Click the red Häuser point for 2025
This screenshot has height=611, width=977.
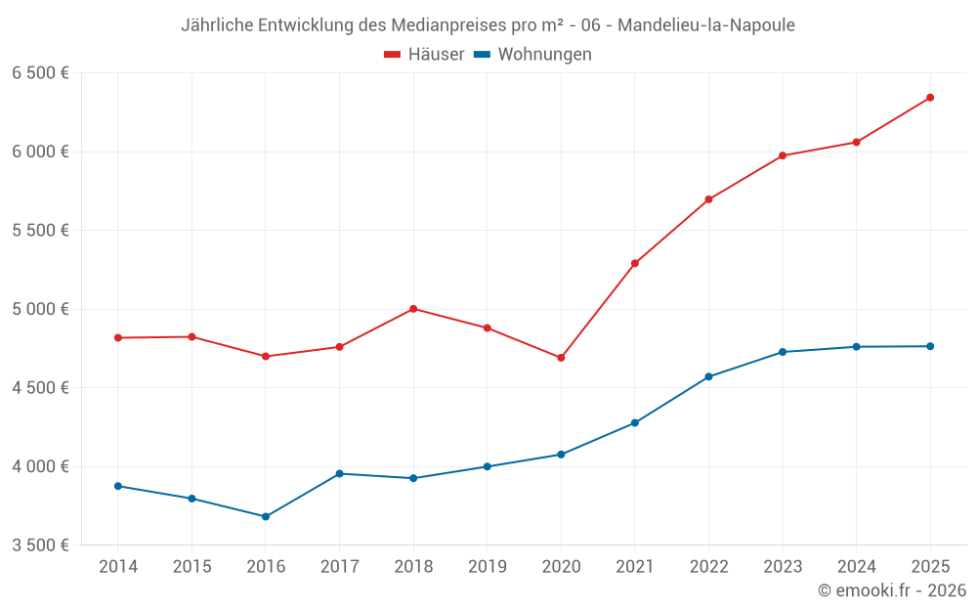coord(930,98)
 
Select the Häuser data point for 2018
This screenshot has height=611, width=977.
coord(413,309)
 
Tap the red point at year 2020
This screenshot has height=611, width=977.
coord(561,358)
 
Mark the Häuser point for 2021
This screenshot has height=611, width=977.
coord(635,263)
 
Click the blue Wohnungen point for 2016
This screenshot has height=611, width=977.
coord(266,516)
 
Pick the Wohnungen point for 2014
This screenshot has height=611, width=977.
coord(118,486)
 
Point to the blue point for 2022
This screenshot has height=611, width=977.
coord(708,376)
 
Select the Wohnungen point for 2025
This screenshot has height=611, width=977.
coord(930,346)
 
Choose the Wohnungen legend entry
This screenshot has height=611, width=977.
coord(532,55)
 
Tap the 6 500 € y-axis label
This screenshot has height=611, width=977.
coord(40,73)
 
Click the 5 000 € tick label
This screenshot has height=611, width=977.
coord(40,309)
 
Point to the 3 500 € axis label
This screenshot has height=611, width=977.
coord(40,545)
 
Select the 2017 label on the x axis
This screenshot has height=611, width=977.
coord(339,566)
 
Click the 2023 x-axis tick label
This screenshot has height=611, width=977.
coord(783,566)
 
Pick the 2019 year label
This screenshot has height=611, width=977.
coord(488,566)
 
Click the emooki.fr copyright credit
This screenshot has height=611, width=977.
coord(891,590)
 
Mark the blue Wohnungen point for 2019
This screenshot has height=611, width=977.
coord(488,466)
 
